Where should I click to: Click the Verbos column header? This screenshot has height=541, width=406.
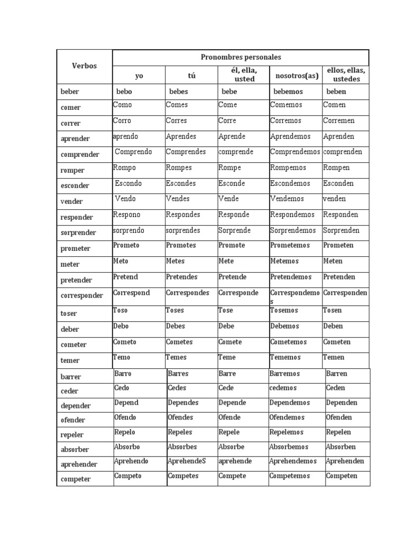[85, 66]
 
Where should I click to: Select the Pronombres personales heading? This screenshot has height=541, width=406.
[241, 57]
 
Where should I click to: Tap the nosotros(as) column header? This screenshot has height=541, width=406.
[297, 76]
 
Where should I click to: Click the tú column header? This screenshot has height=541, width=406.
[191, 76]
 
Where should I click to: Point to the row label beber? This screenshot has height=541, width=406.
[70, 91]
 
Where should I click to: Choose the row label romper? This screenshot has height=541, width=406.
[72, 170]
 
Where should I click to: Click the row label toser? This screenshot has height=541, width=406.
[69, 313]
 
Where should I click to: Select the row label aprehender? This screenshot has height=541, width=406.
[79, 464]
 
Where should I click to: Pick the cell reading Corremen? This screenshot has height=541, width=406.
[339, 120]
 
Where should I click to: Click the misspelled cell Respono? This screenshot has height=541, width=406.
[127, 214]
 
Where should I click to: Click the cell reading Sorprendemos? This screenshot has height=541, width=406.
[293, 230]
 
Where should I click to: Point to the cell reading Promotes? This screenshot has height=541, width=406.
[181, 245]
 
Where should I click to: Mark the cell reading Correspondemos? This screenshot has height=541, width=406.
[294, 296]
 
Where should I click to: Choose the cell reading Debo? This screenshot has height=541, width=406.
[121, 326]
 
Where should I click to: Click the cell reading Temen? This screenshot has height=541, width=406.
[334, 357]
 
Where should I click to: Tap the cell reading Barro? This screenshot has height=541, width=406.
[123, 374]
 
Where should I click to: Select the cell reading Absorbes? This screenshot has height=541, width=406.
[182, 446]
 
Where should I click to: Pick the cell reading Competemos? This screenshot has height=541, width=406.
[290, 476]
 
